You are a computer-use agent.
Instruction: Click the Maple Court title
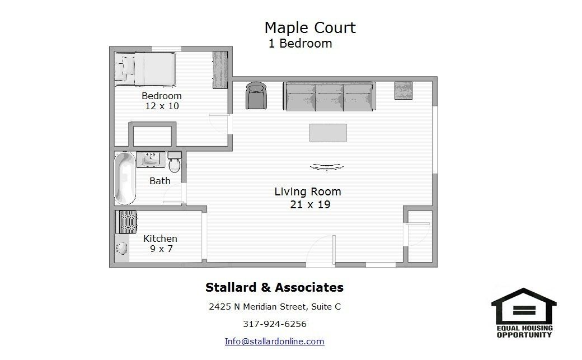tap(310, 28)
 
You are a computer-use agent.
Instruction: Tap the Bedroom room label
tap(162, 96)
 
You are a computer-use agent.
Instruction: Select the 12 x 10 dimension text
tap(162, 106)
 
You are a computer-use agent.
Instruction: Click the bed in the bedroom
tap(145, 69)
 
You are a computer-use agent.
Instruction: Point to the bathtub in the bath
tap(125, 179)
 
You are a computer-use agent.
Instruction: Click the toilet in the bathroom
tap(175, 162)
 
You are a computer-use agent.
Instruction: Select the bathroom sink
tap(151, 160)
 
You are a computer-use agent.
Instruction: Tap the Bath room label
tap(160, 181)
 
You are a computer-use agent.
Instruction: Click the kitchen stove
tap(126, 222)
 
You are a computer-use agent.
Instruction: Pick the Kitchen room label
tap(161, 239)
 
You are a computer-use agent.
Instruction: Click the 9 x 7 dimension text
tap(162, 249)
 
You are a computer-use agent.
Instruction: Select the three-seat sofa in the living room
tap(329, 96)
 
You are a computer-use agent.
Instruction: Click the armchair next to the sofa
tap(256, 96)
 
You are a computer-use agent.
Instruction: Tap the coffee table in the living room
tap(328, 133)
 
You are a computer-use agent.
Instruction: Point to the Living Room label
tap(308, 191)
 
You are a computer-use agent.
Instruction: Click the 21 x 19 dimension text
tap(310, 204)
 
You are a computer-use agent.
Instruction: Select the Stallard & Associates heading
tap(275, 287)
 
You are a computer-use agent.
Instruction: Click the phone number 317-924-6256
tap(275, 324)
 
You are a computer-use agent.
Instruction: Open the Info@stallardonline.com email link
tap(275, 341)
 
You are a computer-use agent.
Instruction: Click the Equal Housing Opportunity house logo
tap(524, 312)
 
